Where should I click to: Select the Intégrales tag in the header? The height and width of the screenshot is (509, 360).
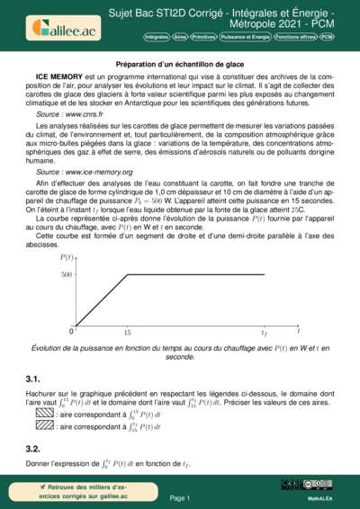point(158,38)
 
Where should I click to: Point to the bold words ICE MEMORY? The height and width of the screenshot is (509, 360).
point(55,80)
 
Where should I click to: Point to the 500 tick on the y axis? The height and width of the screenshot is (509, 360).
point(67,274)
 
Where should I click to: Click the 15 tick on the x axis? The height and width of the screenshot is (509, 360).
point(127,331)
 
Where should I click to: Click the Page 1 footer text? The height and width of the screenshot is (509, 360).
point(180,496)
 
